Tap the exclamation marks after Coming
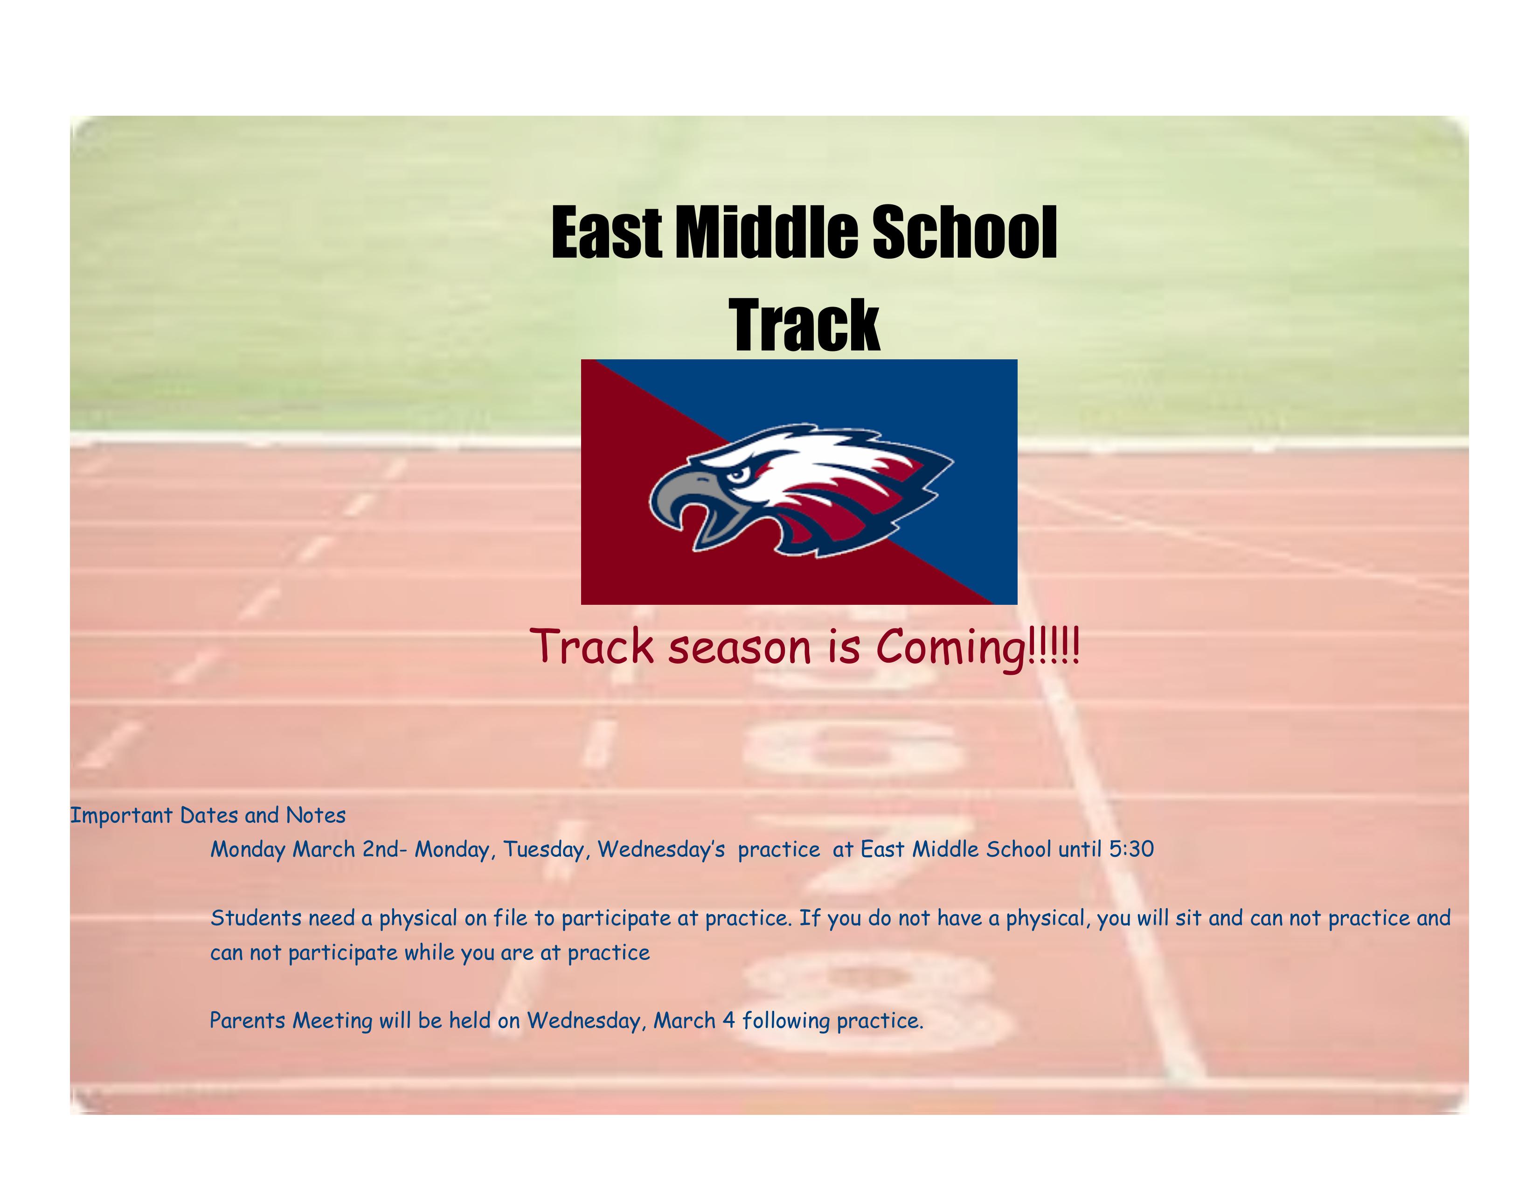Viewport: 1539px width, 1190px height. coord(1054,645)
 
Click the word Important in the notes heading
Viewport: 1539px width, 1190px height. coord(121,816)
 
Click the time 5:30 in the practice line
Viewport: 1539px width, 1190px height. coord(1131,849)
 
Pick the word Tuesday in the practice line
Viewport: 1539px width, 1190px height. coord(548,850)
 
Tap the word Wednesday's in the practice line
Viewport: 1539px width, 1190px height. coord(661,850)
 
